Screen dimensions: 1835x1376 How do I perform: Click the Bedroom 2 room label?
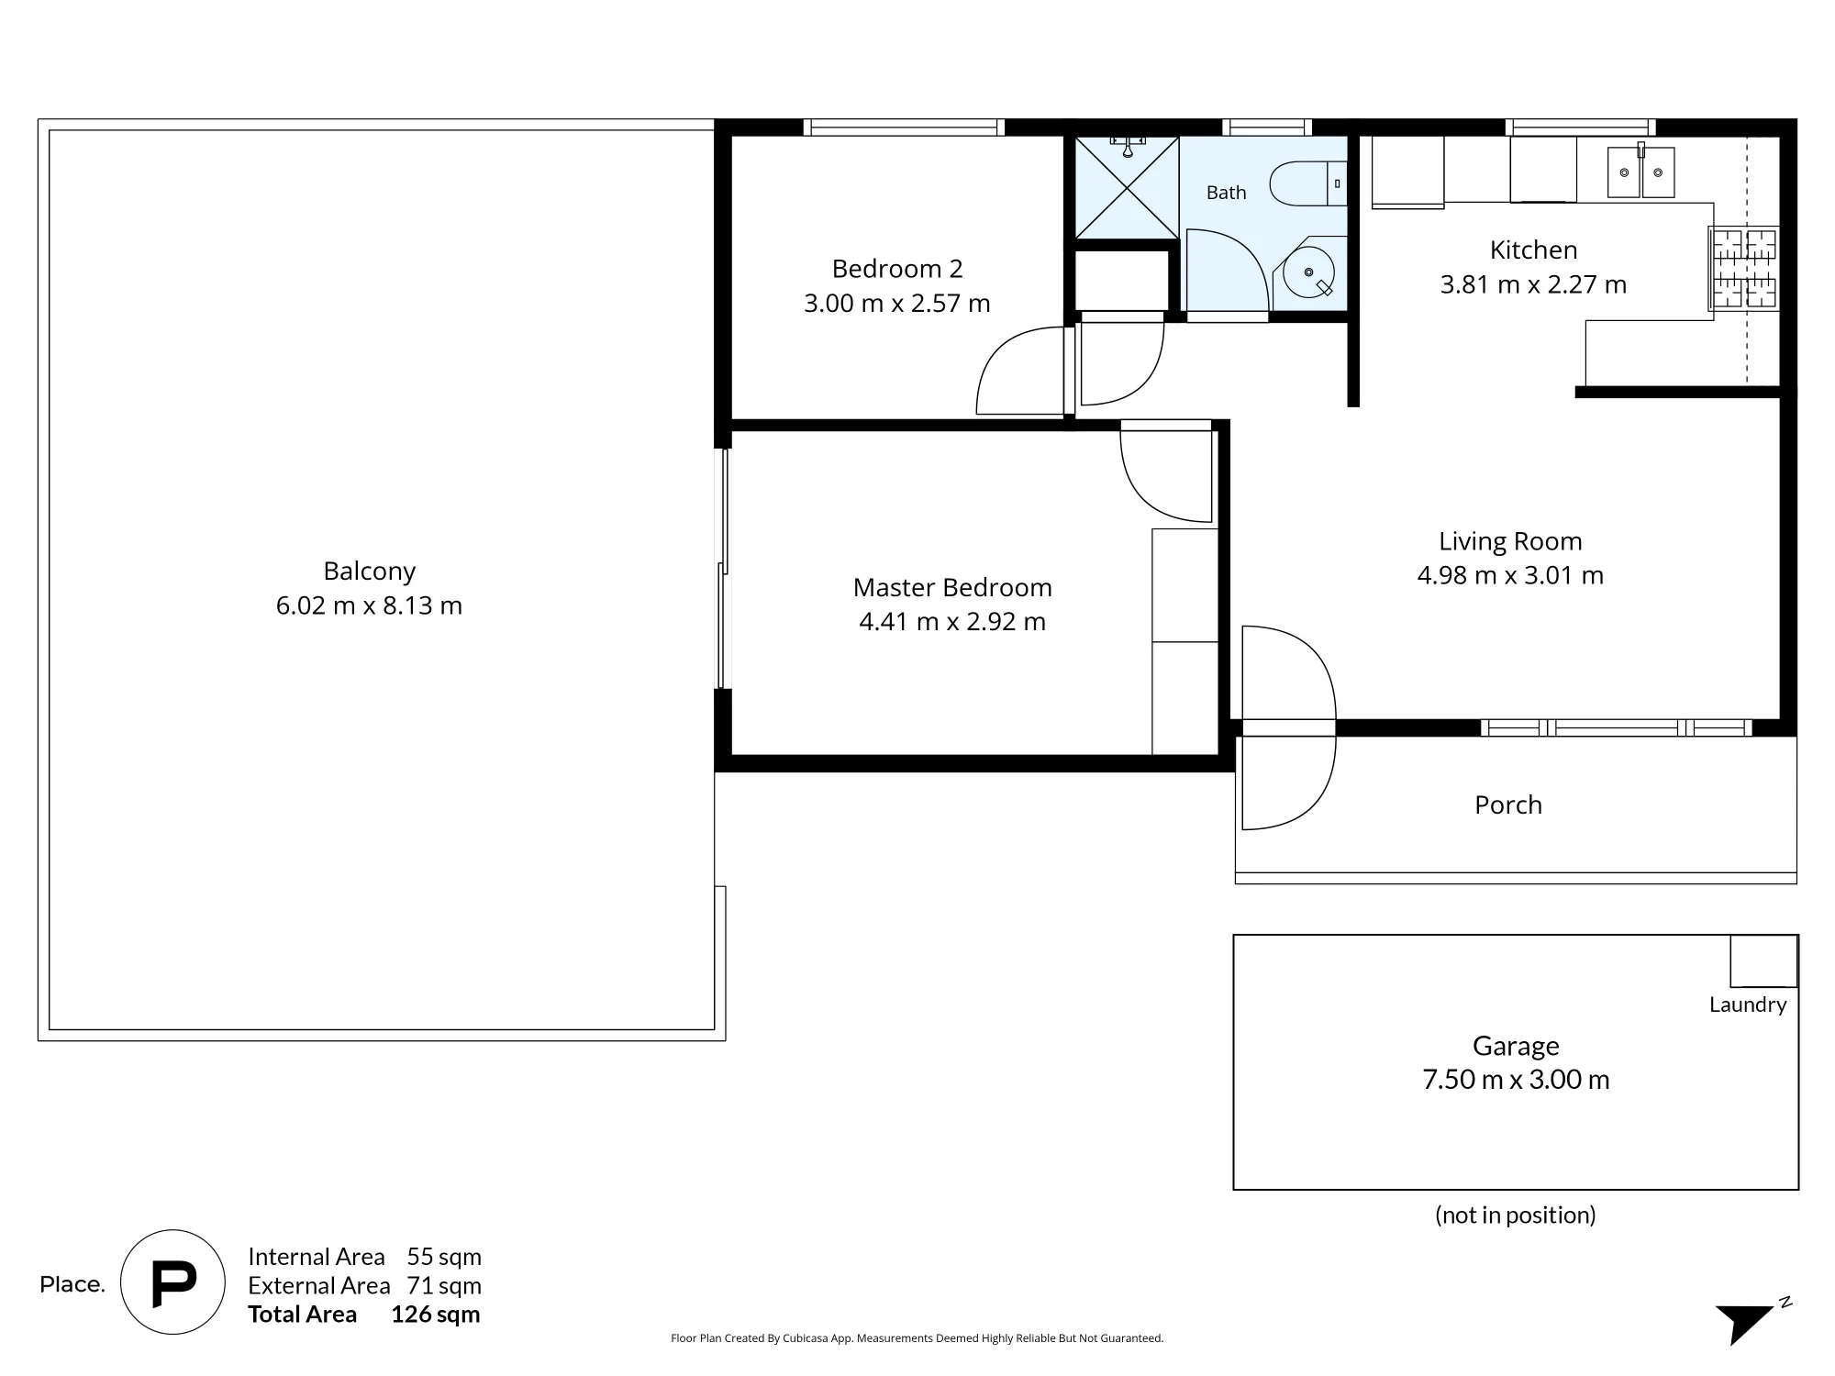[x=897, y=269]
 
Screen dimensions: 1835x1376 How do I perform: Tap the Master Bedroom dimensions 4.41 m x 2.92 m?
[x=952, y=622]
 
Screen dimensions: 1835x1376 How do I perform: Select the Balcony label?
[x=370, y=571]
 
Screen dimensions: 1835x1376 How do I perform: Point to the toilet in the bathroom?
[x=1308, y=184]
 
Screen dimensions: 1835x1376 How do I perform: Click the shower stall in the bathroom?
[x=1128, y=187]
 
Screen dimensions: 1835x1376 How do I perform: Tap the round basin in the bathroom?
[x=1308, y=272]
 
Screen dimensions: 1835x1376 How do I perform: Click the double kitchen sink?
[x=1640, y=172]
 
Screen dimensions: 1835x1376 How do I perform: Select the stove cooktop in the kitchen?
[x=1743, y=268]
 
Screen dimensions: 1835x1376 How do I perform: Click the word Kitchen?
[x=1533, y=250]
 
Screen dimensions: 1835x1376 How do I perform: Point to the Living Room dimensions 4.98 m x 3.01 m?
[x=1510, y=576]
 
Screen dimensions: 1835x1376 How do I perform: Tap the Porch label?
[x=1508, y=805]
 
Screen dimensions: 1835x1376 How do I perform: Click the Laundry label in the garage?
[x=1748, y=1004]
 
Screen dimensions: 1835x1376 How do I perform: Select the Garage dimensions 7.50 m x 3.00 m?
[x=1516, y=1080]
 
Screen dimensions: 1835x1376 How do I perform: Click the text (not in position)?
[x=1516, y=1215]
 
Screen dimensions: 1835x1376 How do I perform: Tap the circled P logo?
[x=172, y=1282]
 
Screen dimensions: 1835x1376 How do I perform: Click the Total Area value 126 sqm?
[x=436, y=1315]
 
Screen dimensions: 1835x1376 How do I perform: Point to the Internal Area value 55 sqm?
[x=444, y=1257]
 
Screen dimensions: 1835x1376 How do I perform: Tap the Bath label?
[x=1227, y=193]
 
